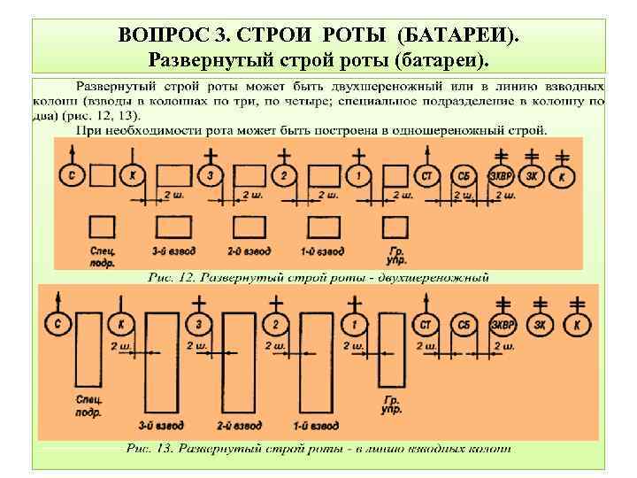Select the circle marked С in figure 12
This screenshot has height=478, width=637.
71,177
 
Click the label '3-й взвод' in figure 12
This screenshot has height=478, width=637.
173,252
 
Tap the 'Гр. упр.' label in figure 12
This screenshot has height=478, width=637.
395,257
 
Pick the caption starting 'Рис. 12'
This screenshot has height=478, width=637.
318,277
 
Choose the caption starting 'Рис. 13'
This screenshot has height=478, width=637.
318,450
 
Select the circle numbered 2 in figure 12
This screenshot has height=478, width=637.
283,177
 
